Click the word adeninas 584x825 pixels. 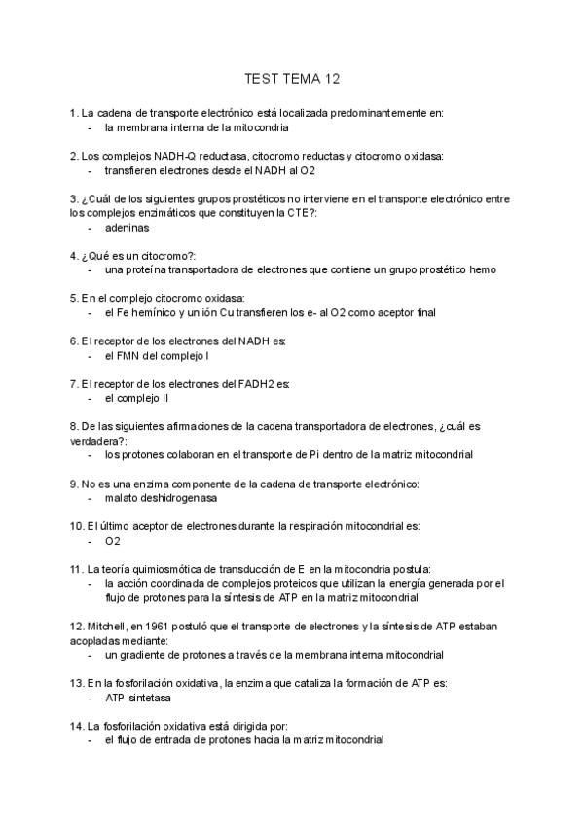point(127,228)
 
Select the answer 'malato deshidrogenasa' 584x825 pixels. point(161,498)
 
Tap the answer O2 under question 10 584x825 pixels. point(113,541)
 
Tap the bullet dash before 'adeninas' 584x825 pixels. point(91,228)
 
